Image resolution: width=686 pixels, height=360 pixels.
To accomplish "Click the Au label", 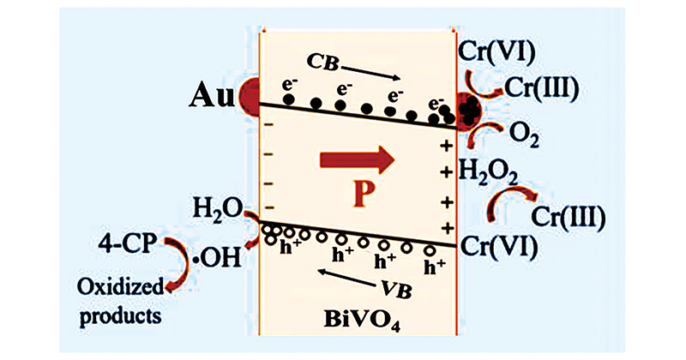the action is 212,97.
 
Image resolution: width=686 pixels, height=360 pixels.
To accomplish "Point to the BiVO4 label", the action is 361,321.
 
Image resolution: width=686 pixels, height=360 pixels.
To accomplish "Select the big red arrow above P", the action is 358,160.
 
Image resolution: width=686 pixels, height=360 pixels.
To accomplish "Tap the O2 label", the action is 524,136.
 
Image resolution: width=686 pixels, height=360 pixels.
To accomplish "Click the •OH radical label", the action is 218,258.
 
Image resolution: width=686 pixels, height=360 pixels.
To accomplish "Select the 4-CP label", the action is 127,243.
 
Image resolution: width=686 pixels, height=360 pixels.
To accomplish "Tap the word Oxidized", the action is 120,287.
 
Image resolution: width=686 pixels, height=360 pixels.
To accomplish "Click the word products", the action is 120,315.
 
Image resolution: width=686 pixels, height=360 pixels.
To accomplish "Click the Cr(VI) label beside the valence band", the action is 499,246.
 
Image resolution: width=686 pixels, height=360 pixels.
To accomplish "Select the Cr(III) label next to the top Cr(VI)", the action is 542,87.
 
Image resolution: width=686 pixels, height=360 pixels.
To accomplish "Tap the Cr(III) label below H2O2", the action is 568,217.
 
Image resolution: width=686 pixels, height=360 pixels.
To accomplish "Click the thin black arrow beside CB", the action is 370,73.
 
